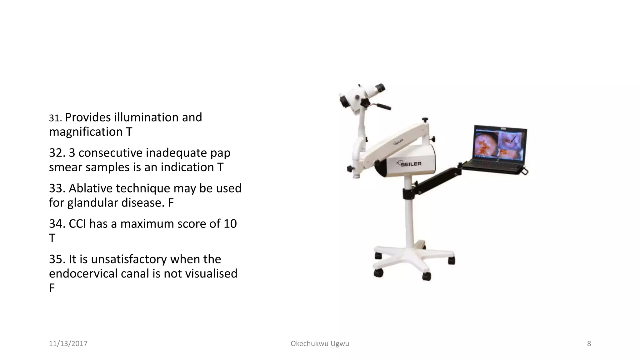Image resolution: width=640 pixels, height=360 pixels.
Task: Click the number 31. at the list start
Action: (56, 118)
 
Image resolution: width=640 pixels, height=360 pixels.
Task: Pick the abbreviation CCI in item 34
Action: (77, 224)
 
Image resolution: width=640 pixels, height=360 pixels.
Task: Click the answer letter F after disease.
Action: (171, 203)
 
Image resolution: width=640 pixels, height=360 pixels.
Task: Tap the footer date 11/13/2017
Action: (68, 344)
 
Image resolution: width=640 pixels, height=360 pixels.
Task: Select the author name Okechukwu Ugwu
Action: (320, 344)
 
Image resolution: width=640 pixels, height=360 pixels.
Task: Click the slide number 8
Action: (589, 344)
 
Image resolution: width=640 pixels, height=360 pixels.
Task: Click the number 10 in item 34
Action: (230, 224)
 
